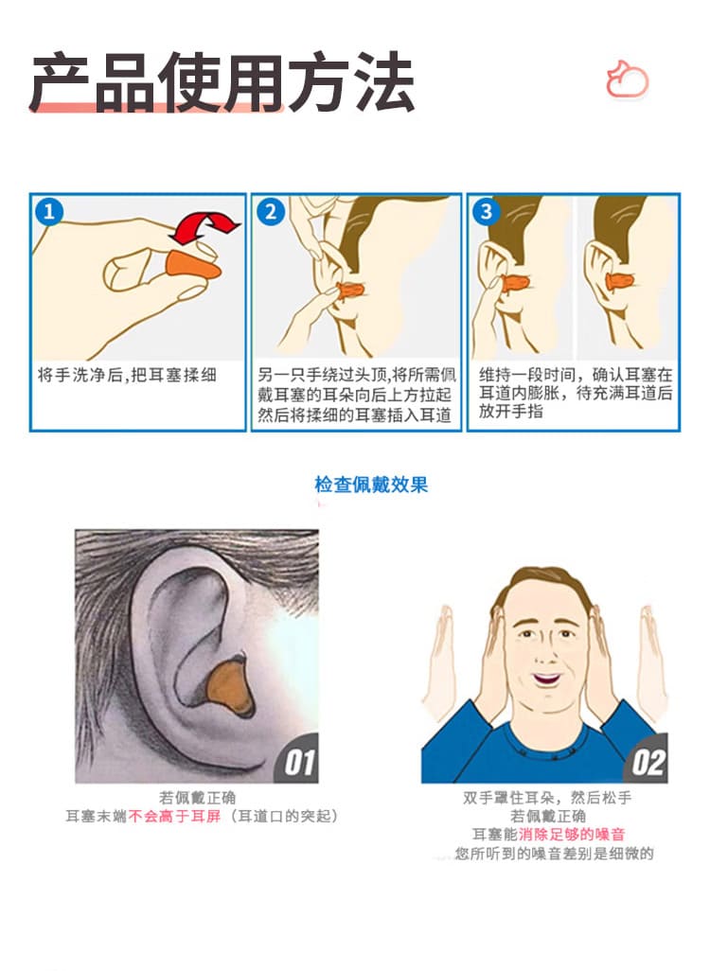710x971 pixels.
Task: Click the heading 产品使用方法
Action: [222, 81]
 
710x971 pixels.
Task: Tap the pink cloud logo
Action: [627, 79]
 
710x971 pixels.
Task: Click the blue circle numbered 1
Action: [49, 212]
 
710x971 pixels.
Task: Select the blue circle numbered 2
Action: [270, 212]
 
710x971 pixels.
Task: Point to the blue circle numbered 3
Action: [487, 212]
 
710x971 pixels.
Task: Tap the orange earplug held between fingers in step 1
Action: [193, 270]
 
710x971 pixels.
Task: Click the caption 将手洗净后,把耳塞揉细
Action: [127, 376]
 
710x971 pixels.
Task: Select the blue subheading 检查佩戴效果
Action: [371, 485]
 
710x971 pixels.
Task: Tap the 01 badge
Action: [298, 761]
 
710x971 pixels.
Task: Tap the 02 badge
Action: [647, 761]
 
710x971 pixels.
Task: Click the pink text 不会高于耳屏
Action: [175, 816]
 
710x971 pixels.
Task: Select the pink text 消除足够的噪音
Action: [572, 834]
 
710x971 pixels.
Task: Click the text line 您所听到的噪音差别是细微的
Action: [555, 854]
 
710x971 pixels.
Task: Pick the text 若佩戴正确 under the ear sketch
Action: [198, 798]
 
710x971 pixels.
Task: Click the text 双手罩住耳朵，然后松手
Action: [547, 798]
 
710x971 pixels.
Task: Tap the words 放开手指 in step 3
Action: [510, 411]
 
